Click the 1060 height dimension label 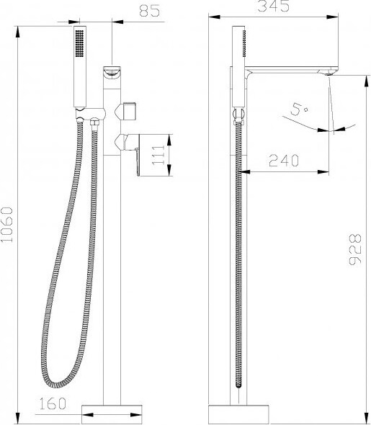pos(7,225)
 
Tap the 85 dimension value pos(150,11)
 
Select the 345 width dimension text pos(273,6)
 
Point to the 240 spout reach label pos(284,161)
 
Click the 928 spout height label pos(355,249)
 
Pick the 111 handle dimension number pos(158,155)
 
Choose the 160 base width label pos(53,403)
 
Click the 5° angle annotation pos(299,109)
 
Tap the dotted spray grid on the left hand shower pos(80,43)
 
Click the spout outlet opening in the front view pos(112,72)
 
